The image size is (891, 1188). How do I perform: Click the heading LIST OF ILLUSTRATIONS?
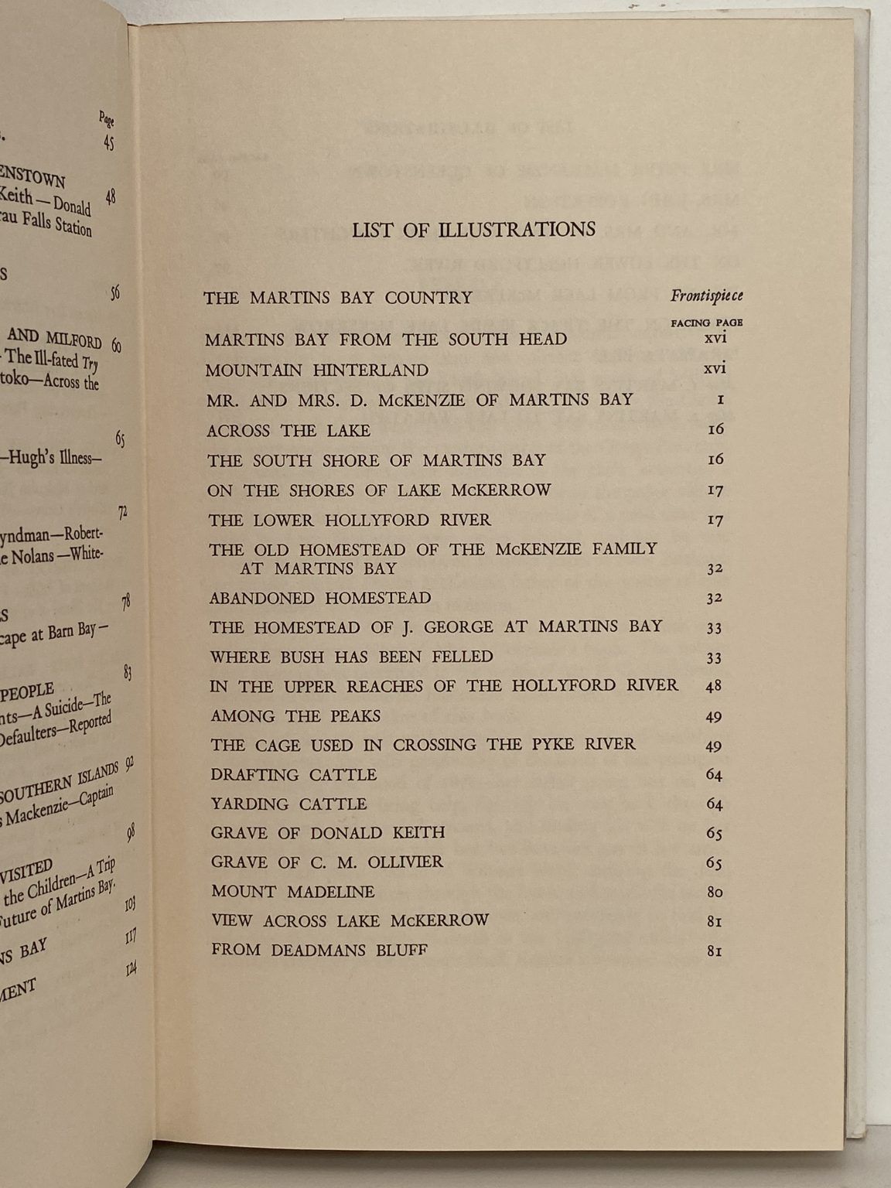473,230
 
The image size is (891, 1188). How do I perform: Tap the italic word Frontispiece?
706,295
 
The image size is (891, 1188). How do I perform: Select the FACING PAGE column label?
706,323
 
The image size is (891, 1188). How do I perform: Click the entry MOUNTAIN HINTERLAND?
316,370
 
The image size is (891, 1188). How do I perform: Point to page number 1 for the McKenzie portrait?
719,400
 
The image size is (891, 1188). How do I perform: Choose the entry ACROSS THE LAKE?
288,431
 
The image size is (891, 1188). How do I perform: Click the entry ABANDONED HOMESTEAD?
320,598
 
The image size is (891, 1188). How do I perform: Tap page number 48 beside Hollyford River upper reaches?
714,686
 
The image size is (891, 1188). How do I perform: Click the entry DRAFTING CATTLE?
294,775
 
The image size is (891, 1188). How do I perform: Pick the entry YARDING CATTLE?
288,804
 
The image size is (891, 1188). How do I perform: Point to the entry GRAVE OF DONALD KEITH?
328,833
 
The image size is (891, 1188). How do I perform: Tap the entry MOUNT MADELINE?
292,892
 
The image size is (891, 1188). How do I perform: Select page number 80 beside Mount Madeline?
715,893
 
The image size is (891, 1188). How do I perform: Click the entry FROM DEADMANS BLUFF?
319,950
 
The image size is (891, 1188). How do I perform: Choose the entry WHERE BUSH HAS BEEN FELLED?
351,657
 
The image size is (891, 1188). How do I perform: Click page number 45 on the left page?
108,142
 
